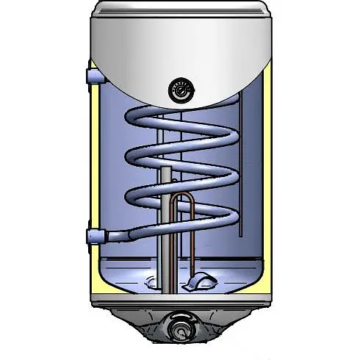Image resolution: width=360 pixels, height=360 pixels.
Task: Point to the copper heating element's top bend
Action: (188, 197)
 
